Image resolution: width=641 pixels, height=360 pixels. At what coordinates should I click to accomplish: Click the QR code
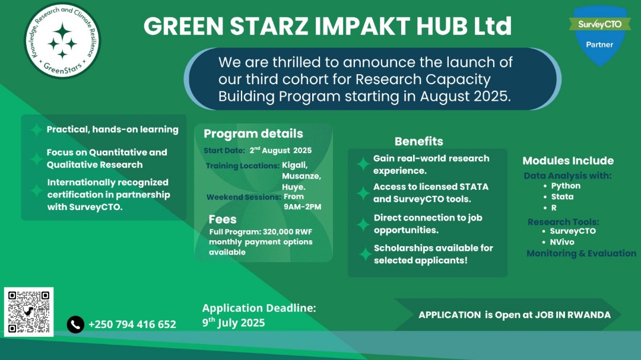point(28,311)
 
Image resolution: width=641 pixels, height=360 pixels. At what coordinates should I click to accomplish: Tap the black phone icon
point(75,324)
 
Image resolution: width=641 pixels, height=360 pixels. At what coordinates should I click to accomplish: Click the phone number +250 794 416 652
point(132,324)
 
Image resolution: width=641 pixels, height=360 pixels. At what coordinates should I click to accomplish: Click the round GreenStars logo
point(62,41)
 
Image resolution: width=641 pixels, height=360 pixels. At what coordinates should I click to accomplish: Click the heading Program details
point(253,133)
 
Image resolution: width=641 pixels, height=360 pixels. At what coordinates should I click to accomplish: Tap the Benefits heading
point(418,141)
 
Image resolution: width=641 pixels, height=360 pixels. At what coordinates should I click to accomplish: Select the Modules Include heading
point(568,161)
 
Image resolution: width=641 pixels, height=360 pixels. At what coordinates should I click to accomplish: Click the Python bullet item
point(565,186)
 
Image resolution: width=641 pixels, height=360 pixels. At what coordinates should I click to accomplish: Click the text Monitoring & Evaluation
point(581,253)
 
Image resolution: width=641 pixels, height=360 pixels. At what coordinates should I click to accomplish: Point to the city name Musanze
point(302,177)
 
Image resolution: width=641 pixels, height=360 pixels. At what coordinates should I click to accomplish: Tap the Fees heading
point(223,219)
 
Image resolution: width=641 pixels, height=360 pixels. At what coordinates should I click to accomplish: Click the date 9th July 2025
point(233,323)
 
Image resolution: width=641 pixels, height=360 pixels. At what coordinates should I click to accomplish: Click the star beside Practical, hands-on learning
point(36,130)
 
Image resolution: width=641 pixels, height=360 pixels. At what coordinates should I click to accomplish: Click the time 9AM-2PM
point(302,206)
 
